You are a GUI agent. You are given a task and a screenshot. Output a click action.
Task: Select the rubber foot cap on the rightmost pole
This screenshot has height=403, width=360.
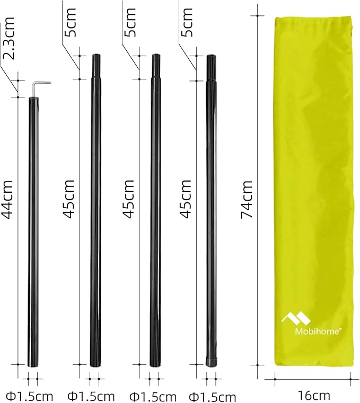pos(211,362)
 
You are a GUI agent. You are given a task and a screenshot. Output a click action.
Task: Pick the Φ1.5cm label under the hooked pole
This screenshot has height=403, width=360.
pos(30,396)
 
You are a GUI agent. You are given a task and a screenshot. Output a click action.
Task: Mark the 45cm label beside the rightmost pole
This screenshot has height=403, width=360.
pos(186,199)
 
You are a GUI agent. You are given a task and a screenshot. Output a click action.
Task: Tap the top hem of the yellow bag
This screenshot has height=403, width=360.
pos(313,19)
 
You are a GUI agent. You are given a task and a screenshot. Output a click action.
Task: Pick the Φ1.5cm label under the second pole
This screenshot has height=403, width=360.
pos(91,396)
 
